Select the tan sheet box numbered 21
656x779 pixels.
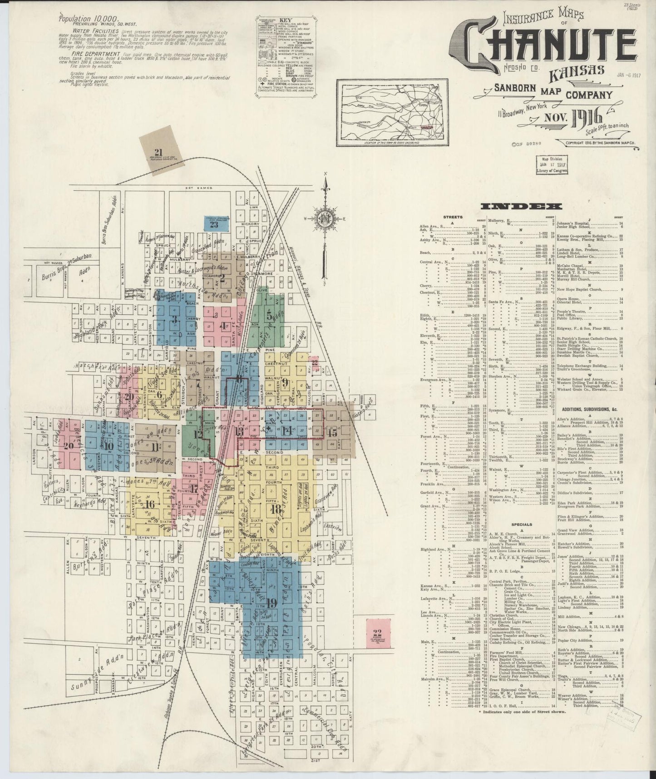(x=158, y=153)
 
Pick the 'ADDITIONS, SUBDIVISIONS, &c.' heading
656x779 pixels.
(x=590, y=409)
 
